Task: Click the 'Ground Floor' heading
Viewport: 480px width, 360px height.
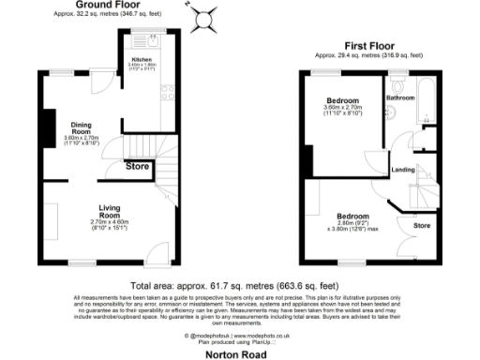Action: (103, 5)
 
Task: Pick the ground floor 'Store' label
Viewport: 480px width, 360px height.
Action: (139, 167)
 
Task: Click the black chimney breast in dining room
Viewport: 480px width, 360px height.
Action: (45, 129)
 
